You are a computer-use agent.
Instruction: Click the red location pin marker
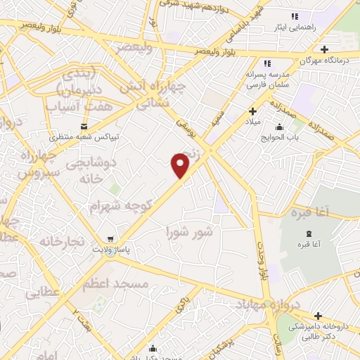181,165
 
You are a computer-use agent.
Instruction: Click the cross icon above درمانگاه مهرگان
324,49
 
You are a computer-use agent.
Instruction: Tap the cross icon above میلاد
252,111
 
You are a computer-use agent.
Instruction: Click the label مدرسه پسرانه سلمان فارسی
267,79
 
